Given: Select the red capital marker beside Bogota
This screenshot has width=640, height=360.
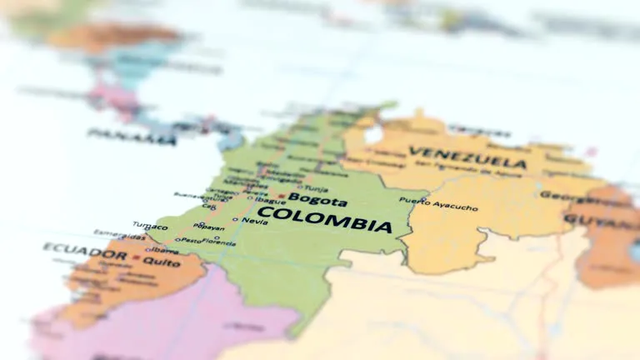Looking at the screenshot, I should coord(282,197).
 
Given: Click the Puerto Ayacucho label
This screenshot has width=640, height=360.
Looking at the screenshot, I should coord(438,203).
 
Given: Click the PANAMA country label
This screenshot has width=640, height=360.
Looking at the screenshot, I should coord(132,137).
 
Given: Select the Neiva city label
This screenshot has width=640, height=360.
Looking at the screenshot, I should coord(255,221).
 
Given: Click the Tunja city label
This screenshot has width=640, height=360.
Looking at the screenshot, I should coord(316,188).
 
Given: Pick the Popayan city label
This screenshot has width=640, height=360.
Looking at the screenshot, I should coord(209,227).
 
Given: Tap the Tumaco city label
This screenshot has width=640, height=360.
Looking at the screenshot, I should coord(151,225).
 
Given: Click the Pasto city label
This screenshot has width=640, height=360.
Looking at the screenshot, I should coord(191,240).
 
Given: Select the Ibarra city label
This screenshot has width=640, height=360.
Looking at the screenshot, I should coord(165,249).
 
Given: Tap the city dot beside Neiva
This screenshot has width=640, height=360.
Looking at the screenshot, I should coord(236,220).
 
